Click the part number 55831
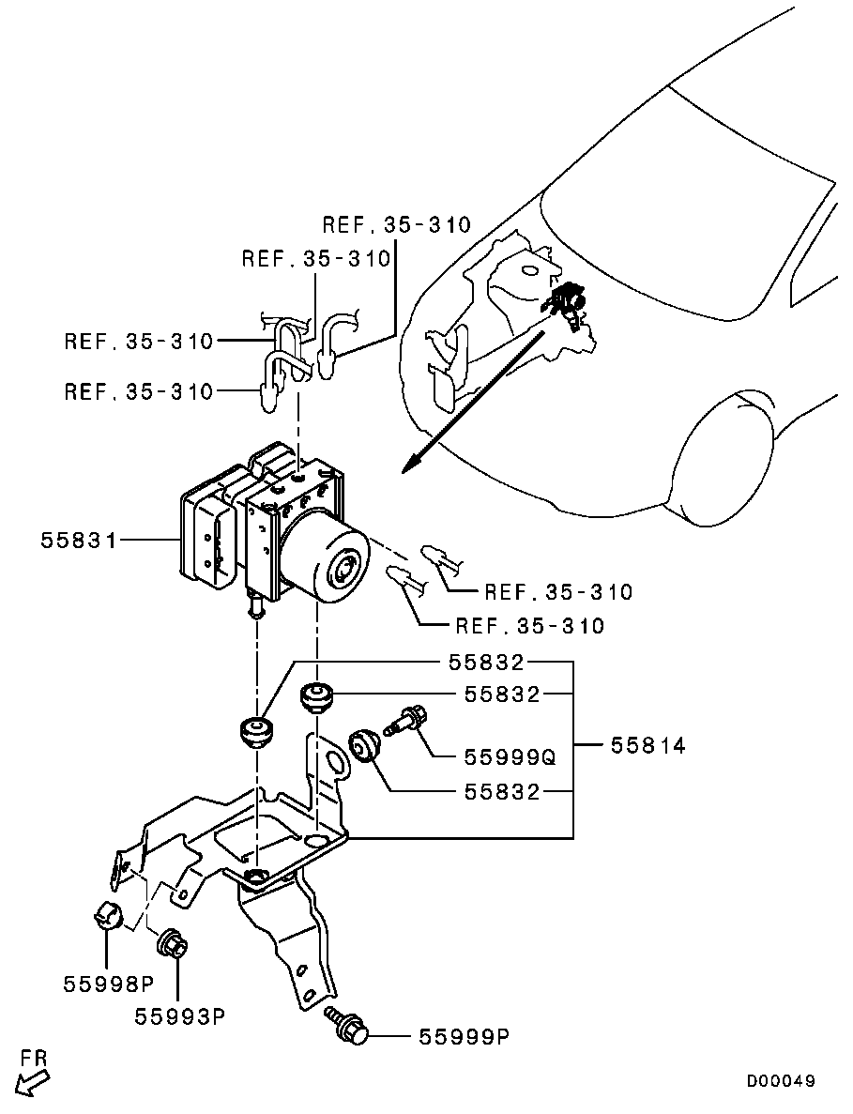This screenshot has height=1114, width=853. (x=78, y=542)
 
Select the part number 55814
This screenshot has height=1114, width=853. (x=647, y=745)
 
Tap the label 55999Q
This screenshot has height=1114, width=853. (x=510, y=757)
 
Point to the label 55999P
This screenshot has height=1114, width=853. (x=464, y=1037)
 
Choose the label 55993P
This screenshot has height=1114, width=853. (x=179, y=1016)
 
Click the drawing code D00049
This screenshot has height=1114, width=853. (x=780, y=1081)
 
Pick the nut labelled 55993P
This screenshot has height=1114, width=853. (x=171, y=942)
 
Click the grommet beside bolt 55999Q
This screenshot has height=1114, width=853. (x=365, y=745)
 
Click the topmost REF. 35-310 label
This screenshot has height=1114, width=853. (x=396, y=224)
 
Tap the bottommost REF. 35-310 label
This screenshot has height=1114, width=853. (x=530, y=625)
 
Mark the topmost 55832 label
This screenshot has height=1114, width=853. (x=486, y=663)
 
